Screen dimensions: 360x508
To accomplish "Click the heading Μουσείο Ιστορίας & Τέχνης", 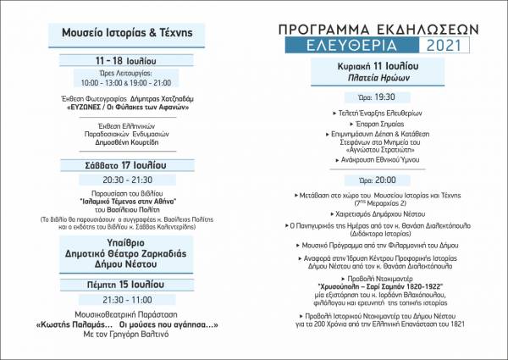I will pyautogui.click(x=127, y=33).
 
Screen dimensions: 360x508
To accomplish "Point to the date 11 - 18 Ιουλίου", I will pyautogui.click(x=127, y=61).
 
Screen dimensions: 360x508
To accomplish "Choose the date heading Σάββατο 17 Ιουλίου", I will pyautogui.click(x=127, y=164).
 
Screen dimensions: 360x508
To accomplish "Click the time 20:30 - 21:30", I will pyautogui.click(x=127, y=180).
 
